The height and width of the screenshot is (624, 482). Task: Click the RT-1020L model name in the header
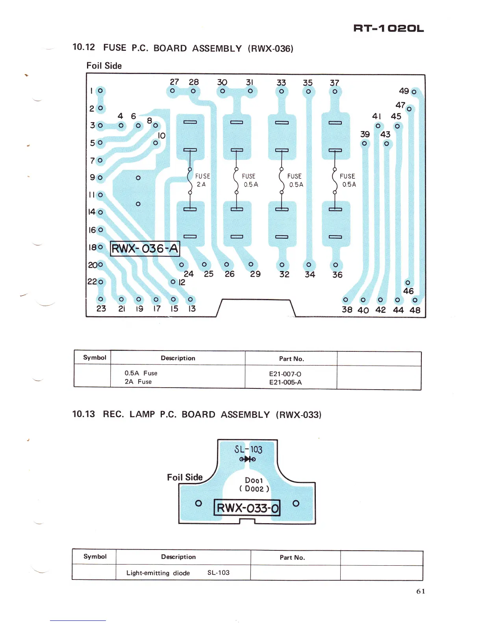pyautogui.click(x=388, y=28)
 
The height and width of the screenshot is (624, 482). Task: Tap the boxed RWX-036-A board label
pyautogui.click(x=145, y=249)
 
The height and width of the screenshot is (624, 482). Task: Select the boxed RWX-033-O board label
pyautogui.click(x=247, y=507)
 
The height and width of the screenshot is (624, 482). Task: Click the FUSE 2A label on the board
pyautogui.click(x=202, y=180)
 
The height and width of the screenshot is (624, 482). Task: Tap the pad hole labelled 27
pyautogui.click(x=172, y=91)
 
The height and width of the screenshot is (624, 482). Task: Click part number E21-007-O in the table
pyautogui.click(x=285, y=374)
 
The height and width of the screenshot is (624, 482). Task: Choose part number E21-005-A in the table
pyautogui.click(x=285, y=382)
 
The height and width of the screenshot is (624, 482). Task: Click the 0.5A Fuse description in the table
pyautogui.click(x=141, y=373)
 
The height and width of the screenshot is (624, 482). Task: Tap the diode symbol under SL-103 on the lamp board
pyautogui.click(x=247, y=459)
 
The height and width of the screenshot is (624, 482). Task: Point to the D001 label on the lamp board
pyautogui.click(x=254, y=480)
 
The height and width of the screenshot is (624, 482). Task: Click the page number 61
pyautogui.click(x=421, y=591)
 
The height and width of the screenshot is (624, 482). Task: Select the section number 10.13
pyautogui.click(x=83, y=414)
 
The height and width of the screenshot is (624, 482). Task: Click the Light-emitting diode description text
pyautogui.click(x=158, y=573)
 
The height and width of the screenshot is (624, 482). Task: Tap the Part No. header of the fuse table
pyautogui.click(x=291, y=358)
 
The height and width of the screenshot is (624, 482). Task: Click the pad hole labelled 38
pyautogui.click(x=346, y=300)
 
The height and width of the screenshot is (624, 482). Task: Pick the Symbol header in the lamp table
pyautogui.click(x=95, y=556)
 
